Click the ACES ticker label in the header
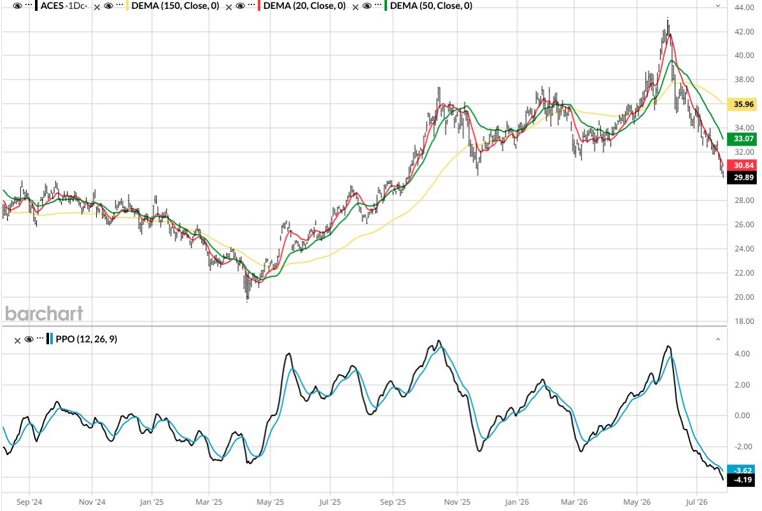52,6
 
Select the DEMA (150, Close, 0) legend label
175,6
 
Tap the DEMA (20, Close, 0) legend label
305,6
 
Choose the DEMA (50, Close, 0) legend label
431,6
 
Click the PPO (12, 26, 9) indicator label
87,339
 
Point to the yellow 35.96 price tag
743,104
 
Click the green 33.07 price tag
743,139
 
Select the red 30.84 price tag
743,165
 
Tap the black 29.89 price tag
743,178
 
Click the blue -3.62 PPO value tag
743,471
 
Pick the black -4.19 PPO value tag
743,480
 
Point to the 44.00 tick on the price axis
744,8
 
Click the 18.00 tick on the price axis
744,321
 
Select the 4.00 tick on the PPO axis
742,354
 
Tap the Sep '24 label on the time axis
29,501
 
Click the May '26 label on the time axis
637,501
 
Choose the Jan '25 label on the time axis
152,501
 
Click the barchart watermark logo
44,313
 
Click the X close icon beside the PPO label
17,340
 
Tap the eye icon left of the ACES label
17,6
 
